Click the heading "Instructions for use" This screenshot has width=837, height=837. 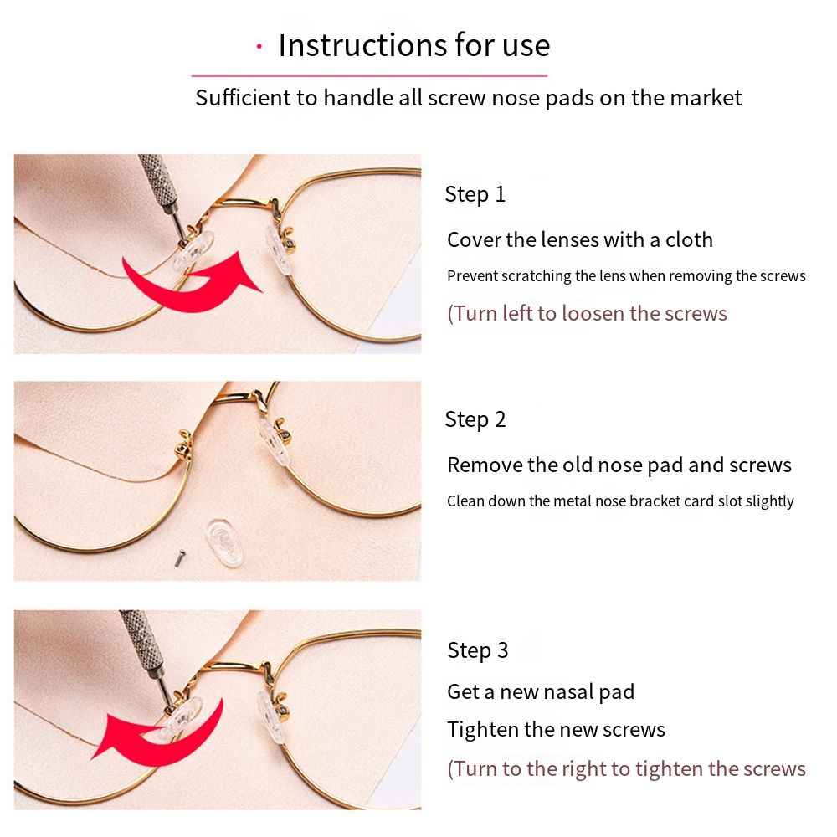(x=414, y=45)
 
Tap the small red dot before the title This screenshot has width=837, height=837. (x=259, y=46)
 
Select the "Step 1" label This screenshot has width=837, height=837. (x=475, y=194)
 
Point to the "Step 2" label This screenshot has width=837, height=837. (x=475, y=419)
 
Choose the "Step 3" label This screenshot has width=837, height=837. (x=477, y=650)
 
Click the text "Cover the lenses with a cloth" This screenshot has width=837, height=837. (x=579, y=239)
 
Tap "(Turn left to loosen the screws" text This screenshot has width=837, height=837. (x=587, y=313)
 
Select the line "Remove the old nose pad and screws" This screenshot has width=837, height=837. (x=619, y=465)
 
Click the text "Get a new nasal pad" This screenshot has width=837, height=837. (x=540, y=692)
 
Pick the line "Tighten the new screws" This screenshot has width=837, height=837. (x=556, y=729)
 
